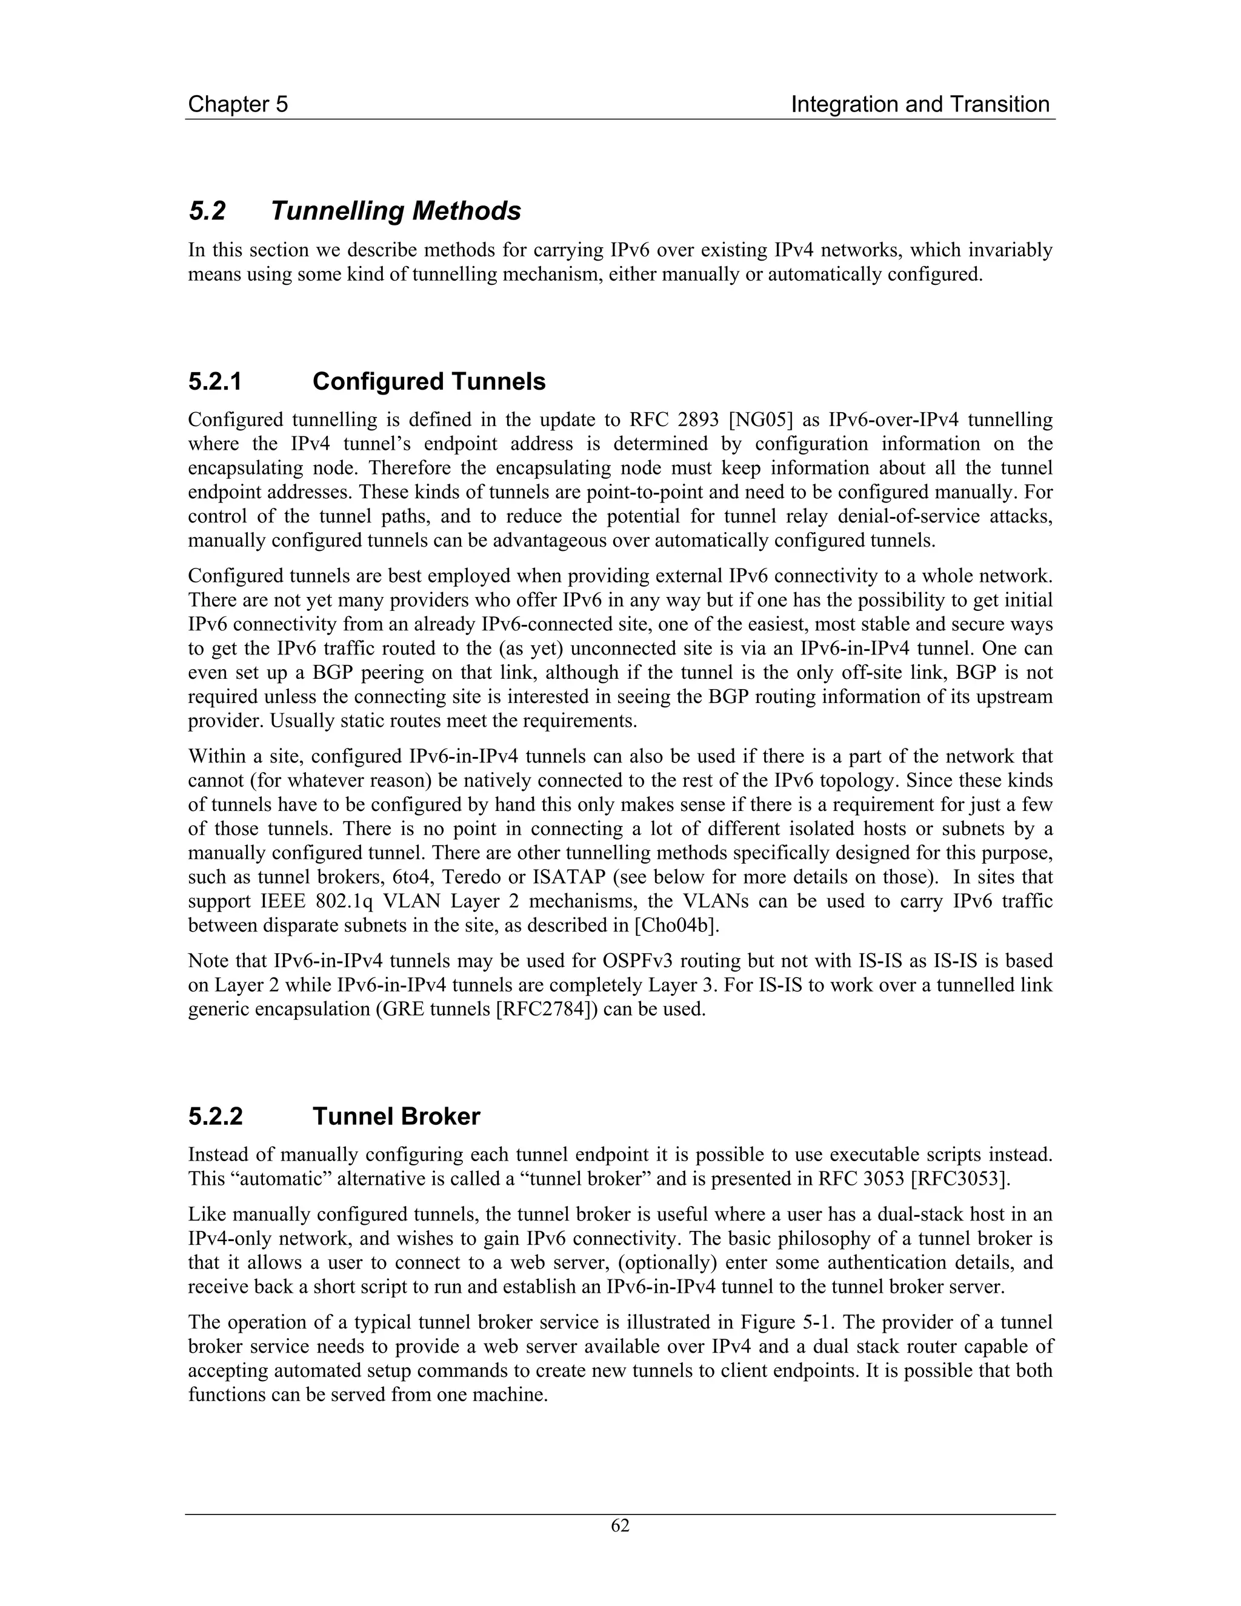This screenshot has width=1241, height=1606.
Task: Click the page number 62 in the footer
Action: tap(620, 1526)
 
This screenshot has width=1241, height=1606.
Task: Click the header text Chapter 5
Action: tap(238, 104)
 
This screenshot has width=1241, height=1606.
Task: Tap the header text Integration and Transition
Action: tap(920, 104)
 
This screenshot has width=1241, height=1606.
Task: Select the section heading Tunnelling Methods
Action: tap(396, 211)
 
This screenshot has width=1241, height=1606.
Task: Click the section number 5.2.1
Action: tap(215, 382)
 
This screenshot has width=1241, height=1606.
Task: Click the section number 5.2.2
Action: tap(215, 1116)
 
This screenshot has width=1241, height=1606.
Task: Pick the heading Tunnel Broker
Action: tap(396, 1116)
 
